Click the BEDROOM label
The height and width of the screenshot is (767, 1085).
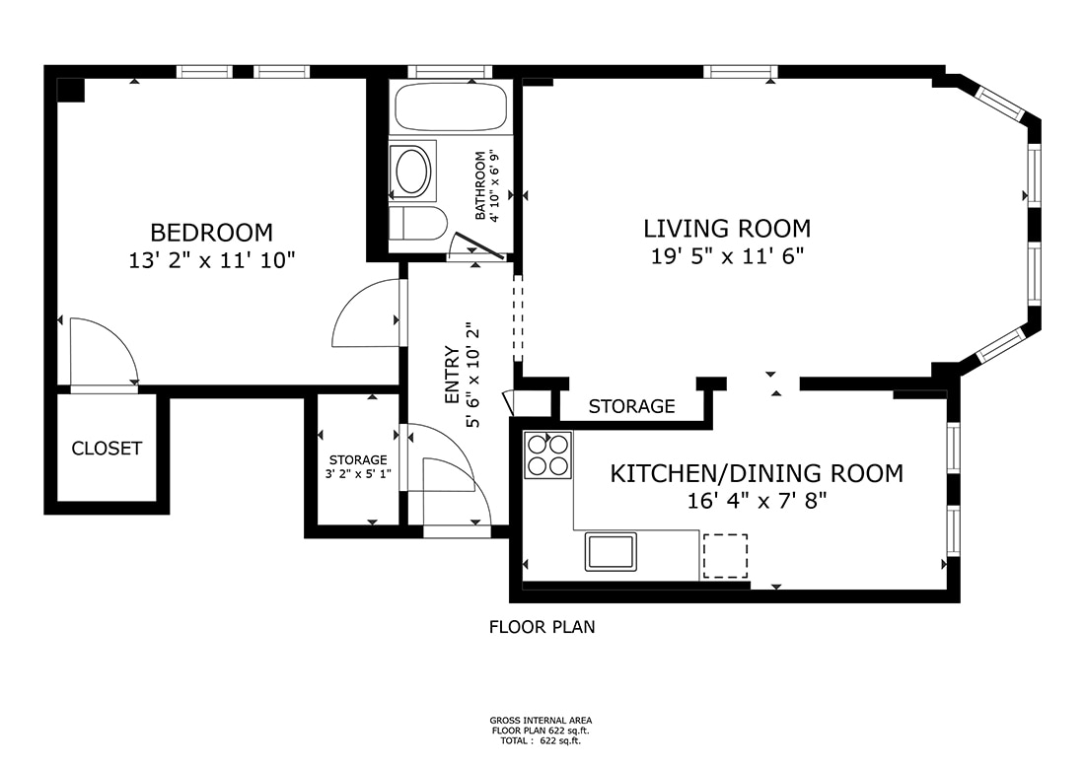(211, 233)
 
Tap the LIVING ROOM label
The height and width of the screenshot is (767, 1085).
(727, 229)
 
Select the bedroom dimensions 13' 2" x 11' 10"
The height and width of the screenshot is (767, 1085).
(211, 261)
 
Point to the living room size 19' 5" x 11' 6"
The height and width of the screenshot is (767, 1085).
(727, 257)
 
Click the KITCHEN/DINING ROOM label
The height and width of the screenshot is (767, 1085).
(757, 473)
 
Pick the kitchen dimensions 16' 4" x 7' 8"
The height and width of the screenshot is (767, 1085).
(757, 501)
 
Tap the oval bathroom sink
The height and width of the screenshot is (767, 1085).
(413, 172)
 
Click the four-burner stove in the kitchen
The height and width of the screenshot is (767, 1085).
(548, 455)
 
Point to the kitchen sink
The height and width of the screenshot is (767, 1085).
(612, 551)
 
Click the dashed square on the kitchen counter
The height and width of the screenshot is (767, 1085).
(725, 556)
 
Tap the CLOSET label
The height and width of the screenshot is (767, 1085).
(107, 449)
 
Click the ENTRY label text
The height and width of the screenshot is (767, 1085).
(453, 376)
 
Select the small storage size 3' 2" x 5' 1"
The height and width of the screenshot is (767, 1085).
(358, 473)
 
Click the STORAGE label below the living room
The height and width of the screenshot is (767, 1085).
(631, 406)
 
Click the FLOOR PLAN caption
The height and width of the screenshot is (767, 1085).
(542, 626)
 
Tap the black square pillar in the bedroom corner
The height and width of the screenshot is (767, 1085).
(70, 89)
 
